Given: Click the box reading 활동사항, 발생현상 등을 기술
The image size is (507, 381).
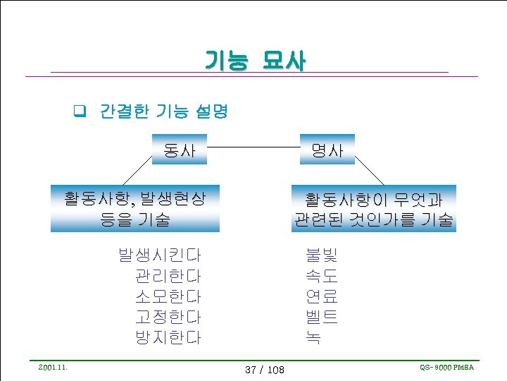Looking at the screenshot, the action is click(x=135, y=208).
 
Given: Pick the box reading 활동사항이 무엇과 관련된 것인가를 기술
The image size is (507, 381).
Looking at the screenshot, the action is click(x=374, y=208).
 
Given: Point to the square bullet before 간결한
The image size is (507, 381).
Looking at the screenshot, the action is click(x=80, y=111).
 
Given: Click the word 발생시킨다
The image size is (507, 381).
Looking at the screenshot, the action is click(x=159, y=254).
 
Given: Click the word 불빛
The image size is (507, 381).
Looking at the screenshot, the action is click(x=321, y=254).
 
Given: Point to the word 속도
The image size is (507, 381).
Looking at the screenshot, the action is click(x=321, y=275).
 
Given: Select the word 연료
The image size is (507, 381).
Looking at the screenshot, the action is click(x=321, y=296).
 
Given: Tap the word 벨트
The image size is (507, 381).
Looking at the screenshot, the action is click(x=321, y=317).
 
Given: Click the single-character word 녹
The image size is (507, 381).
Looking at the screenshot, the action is click(x=313, y=337).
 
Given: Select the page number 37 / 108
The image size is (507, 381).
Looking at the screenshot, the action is click(x=264, y=369).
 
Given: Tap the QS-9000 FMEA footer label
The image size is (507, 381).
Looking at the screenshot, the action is click(x=446, y=367).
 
